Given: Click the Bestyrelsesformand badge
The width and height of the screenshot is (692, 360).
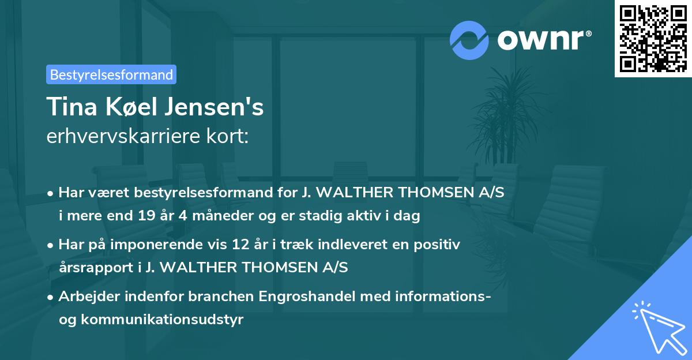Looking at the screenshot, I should click(x=111, y=74).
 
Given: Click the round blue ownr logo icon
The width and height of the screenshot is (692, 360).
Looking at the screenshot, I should click(x=469, y=40).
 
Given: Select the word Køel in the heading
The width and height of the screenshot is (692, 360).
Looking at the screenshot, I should click(x=135, y=107).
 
